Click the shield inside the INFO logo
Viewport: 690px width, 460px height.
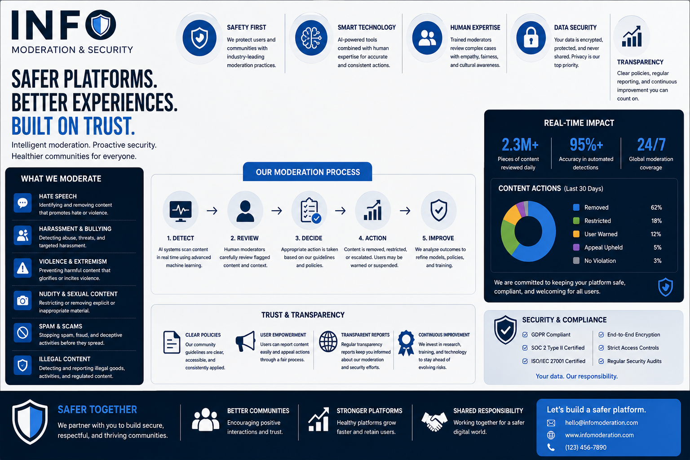pyautogui.click(x=101, y=25)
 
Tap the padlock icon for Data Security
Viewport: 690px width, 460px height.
pyautogui.click(x=531, y=38)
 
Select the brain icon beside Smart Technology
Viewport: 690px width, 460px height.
pyautogui.click(x=311, y=38)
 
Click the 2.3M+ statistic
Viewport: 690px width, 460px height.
pyautogui.click(x=520, y=145)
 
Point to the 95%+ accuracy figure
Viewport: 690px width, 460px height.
pyautogui.click(x=586, y=145)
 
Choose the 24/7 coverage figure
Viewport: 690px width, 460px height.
pyautogui.click(x=651, y=145)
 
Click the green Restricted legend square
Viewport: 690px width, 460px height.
pyautogui.click(x=576, y=221)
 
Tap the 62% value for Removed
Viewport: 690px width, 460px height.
pyautogui.click(x=656, y=208)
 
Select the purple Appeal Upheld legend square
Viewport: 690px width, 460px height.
pyautogui.click(x=576, y=247)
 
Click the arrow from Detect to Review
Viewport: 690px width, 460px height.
pyautogui.click(x=212, y=211)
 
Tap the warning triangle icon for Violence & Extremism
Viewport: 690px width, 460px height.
pyautogui.click(x=22, y=268)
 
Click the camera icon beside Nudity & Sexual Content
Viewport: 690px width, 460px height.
pyautogui.click(x=22, y=301)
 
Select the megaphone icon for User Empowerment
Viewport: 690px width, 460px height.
pyautogui.click(x=246, y=341)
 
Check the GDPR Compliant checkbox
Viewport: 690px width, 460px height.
pyautogui.click(x=525, y=335)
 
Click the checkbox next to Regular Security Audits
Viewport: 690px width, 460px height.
pyautogui.click(x=601, y=361)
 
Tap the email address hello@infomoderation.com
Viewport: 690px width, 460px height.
pyautogui.click(x=602, y=423)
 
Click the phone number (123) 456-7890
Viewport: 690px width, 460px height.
pyautogui.click(x=586, y=447)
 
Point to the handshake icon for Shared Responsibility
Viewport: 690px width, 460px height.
pyautogui.click(x=434, y=421)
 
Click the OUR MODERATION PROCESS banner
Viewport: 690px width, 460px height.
pyautogui.click(x=307, y=172)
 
